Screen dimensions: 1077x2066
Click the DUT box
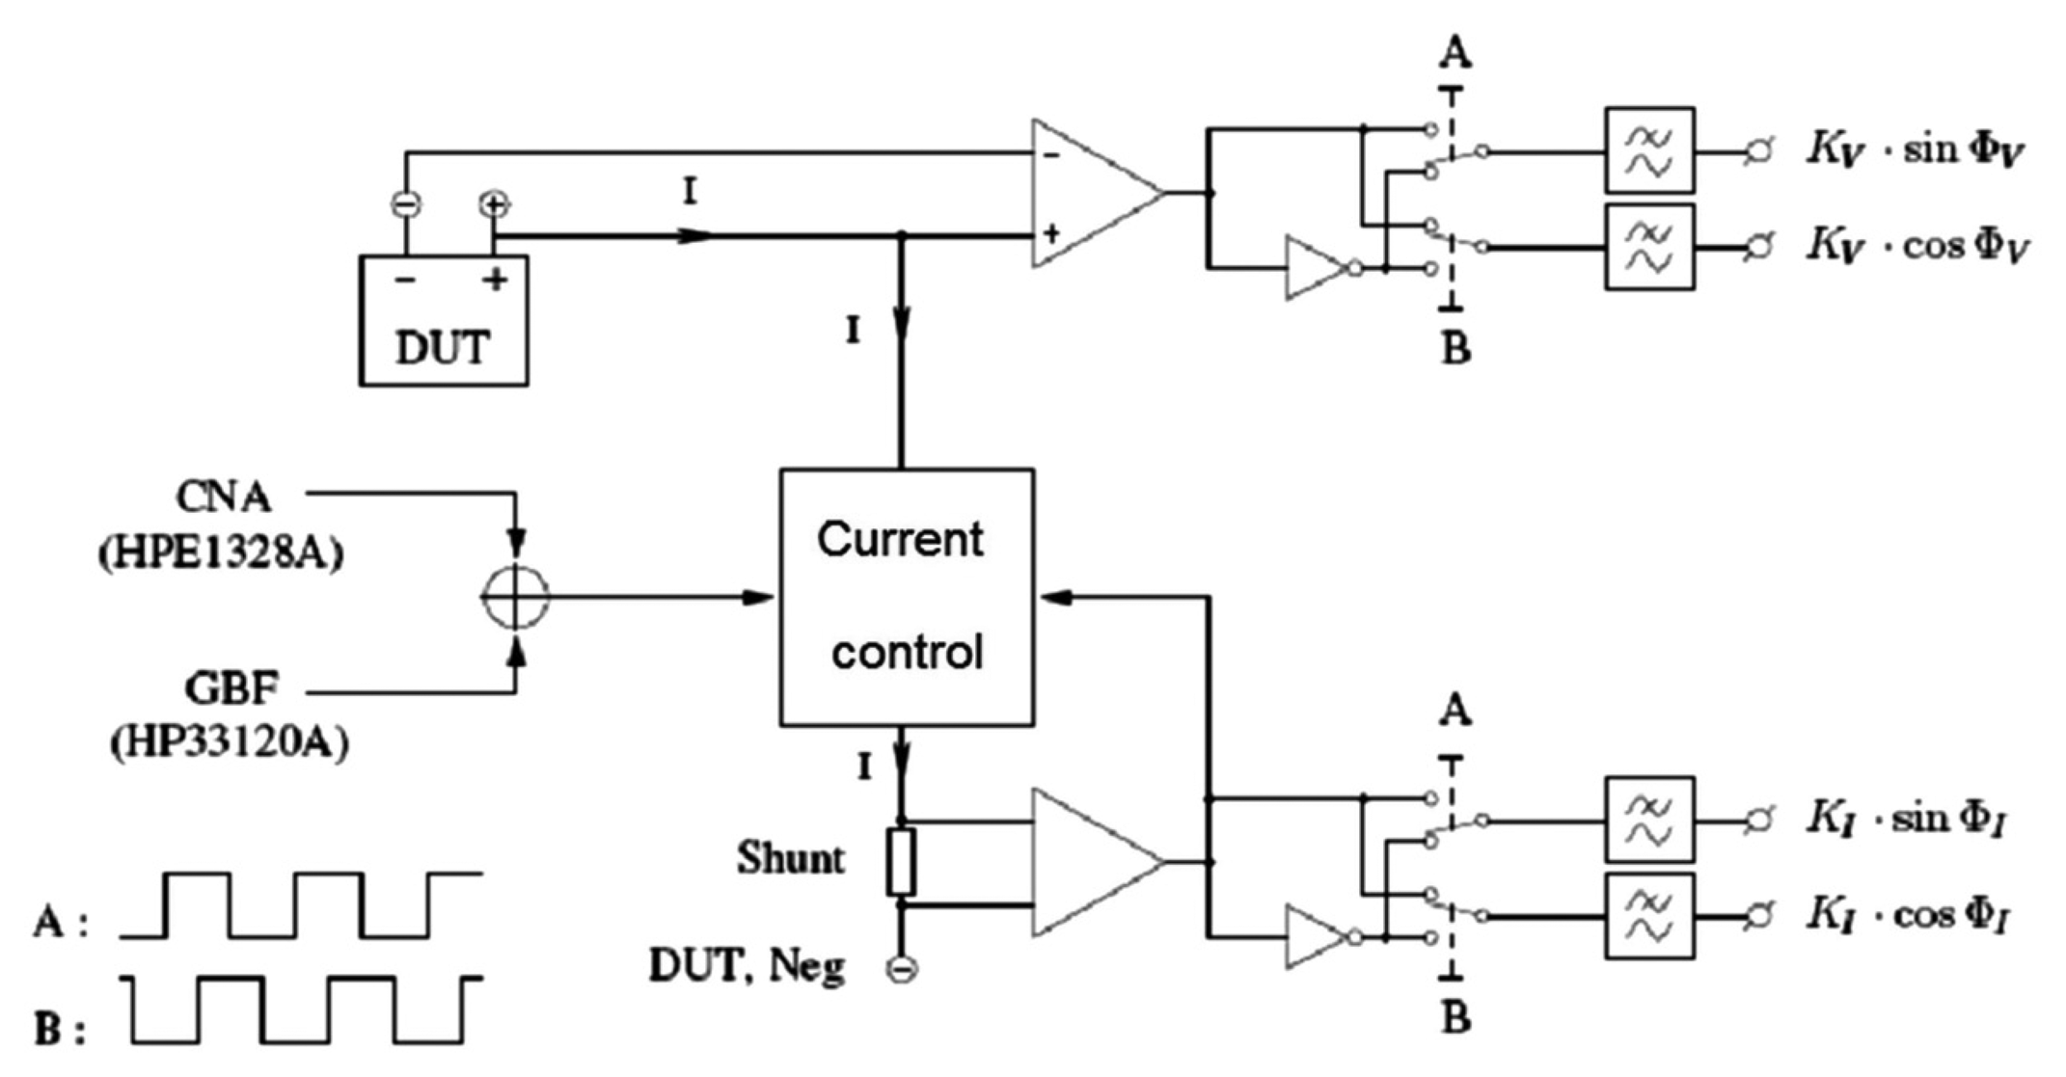[444, 321]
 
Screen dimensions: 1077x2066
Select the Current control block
[907, 597]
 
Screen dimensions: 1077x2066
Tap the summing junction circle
[515, 597]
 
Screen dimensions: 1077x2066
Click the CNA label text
[223, 497]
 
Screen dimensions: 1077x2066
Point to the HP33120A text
[230, 743]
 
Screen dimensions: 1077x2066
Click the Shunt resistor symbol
[901, 862]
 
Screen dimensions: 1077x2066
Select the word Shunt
[790, 858]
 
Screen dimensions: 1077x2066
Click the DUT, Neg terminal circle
[902, 968]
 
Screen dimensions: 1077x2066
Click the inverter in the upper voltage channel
[1318, 268]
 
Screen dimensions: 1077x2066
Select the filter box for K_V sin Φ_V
[1649, 150]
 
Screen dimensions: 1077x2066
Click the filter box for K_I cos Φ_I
[1649, 915]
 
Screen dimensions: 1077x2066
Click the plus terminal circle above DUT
[494, 204]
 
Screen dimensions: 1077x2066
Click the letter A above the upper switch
[1454, 53]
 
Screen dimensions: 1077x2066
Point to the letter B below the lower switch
[1454, 1018]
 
